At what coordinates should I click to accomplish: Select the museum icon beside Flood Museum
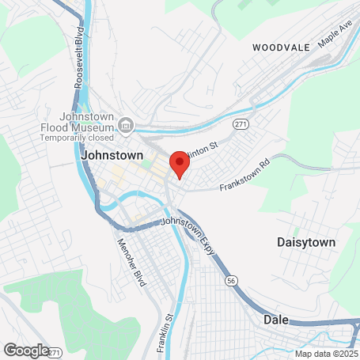coord(126,123)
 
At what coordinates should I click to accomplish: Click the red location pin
coord(180,165)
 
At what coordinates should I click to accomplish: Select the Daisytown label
coord(307,241)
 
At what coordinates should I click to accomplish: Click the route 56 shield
coord(231,280)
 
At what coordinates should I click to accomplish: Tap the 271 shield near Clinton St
coord(241,125)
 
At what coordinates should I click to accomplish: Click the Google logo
coord(25,350)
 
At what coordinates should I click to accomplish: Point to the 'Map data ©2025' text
coord(327,354)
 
